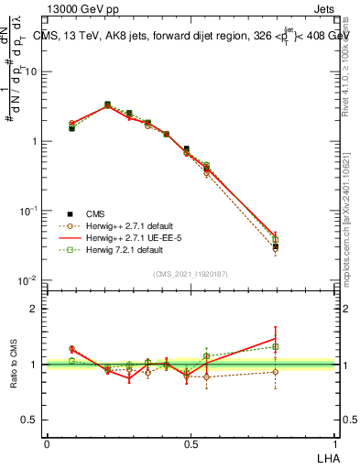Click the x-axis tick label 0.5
(x=191, y=442)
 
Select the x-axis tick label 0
(x=47, y=442)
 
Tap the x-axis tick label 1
(x=333, y=442)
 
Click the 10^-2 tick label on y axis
(x=29, y=280)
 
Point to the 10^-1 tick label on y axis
(x=29, y=211)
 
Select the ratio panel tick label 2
(x=35, y=309)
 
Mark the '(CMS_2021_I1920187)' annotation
(x=190, y=274)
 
